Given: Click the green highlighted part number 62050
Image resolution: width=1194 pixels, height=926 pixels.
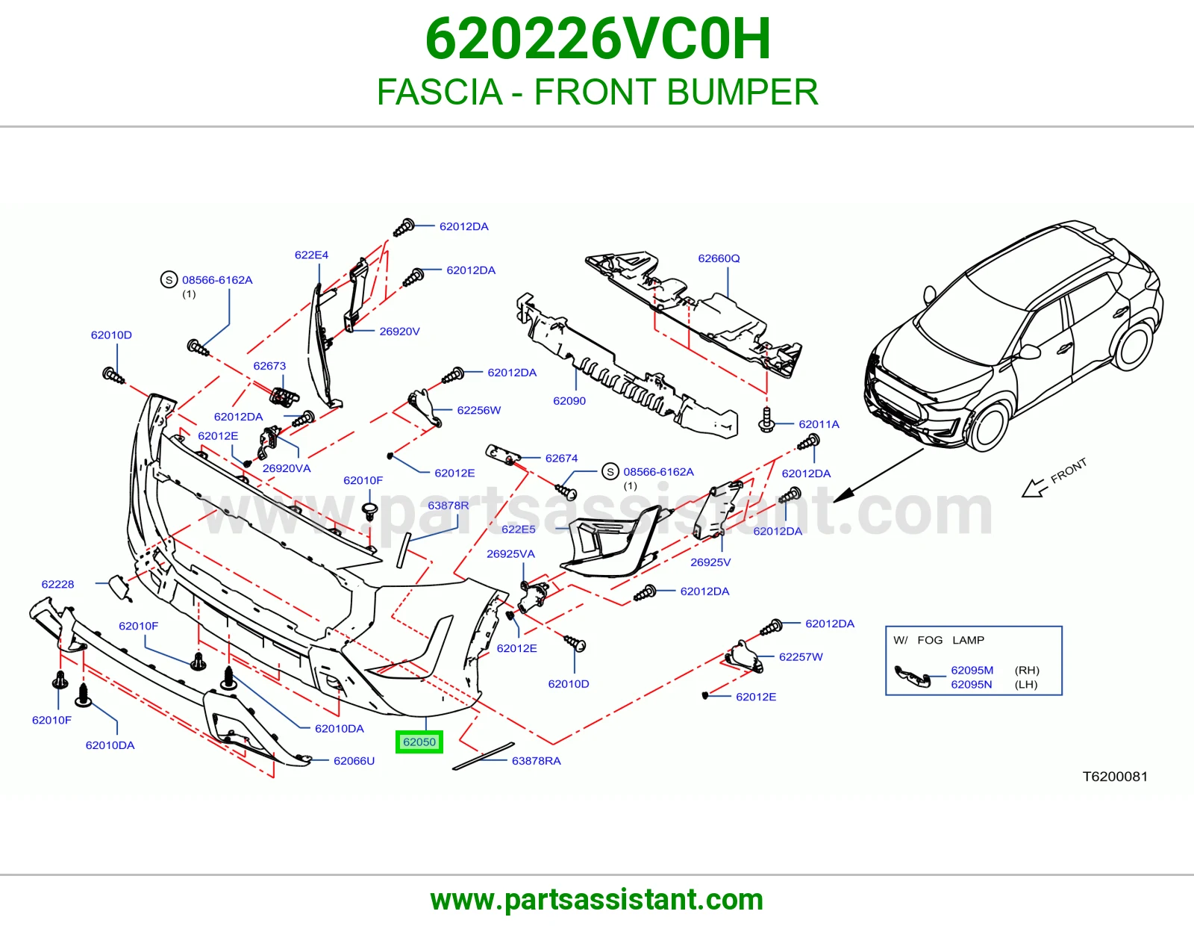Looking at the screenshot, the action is pos(419,742).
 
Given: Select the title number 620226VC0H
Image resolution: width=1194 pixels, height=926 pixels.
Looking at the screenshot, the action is pos(598,39).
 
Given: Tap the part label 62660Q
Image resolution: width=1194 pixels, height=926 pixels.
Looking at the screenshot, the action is pos(719,258).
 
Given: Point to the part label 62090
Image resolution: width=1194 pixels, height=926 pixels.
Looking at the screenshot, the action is pos(569,401).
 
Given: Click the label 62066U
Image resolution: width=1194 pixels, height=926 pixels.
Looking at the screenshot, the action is pos(354,760).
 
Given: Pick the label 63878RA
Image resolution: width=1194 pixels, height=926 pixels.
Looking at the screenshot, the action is pos(537,760).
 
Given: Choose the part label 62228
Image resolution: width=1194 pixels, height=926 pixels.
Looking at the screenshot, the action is pos(57,584).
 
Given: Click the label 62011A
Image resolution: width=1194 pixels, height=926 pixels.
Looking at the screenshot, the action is pos(819,424).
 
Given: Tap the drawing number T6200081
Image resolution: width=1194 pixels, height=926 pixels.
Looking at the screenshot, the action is pos(1115,777).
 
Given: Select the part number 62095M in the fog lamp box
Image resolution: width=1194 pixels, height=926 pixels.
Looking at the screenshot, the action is pos(972,670).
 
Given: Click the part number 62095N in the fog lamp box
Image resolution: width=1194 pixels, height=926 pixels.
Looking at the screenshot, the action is pos(972,684).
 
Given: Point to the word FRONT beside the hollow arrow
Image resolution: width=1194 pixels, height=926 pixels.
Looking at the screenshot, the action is pos(1069,470).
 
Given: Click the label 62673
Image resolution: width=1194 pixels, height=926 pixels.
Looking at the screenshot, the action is pos(269,366).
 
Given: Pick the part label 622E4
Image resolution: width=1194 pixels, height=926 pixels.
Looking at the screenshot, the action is pos(311,255).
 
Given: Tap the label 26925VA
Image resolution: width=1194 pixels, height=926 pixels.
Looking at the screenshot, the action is pos(510,553).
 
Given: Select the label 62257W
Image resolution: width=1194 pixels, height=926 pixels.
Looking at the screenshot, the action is pos(801,656).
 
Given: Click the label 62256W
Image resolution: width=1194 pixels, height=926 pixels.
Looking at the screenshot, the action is pos(478,410).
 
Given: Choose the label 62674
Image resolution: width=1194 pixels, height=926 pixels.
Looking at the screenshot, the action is pos(562,458).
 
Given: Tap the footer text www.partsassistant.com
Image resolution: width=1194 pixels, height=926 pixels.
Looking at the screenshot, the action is pos(597,900).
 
